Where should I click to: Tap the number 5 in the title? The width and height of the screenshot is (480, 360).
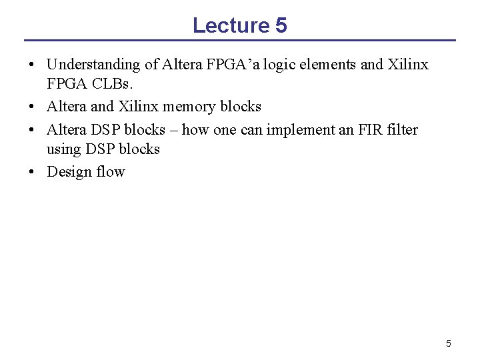pyautogui.click(x=281, y=25)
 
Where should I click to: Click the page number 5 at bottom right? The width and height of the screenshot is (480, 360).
pyautogui.click(x=448, y=343)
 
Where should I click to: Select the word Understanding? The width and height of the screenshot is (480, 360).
pyautogui.click(x=94, y=65)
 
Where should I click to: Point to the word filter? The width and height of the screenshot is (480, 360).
pyautogui.click(x=403, y=129)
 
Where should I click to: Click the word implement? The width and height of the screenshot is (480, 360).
pyautogui.click(x=303, y=129)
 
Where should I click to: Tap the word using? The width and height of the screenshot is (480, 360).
pyautogui.click(x=63, y=149)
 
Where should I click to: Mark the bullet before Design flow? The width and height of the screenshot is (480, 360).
pyautogui.click(x=32, y=172)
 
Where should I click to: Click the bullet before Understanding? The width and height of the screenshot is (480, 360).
pyautogui.click(x=32, y=65)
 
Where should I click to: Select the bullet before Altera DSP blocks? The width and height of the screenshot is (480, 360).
pyautogui.click(x=32, y=129)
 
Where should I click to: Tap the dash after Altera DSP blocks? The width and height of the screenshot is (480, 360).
pyautogui.click(x=173, y=129)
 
